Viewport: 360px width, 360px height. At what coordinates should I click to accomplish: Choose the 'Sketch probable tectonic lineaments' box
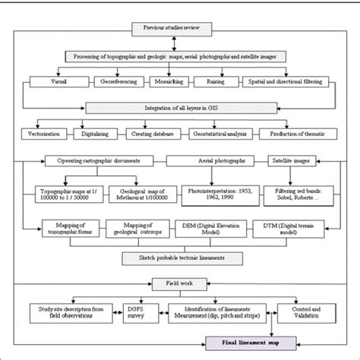tap(182, 257)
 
